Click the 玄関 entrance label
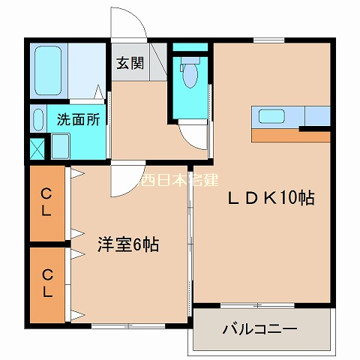pyautogui.click(x=130, y=63)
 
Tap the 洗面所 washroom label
pyautogui.click(x=79, y=119)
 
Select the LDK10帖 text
pyautogui.click(x=271, y=198)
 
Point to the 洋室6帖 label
pyautogui.click(x=128, y=244)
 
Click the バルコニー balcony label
pyautogui.click(x=260, y=329)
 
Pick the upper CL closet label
pyautogui.click(x=46, y=202)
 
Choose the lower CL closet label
pyautogui.click(x=47, y=283)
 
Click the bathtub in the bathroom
pyautogui.click(x=48, y=70)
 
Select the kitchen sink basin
pyautogui.click(x=271, y=116)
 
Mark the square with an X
pyautogui.click(x=37, y=148)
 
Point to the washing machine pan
pyautogui.click(x=60, y=146)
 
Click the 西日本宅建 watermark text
pyautogui.click(x=178, y=180)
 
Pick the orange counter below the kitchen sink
pyautogui.click(x=291, y=136)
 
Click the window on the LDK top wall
pyautogui.click(x=269, y=40)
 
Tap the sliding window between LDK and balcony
pyautogui.click(x=257, y=305)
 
